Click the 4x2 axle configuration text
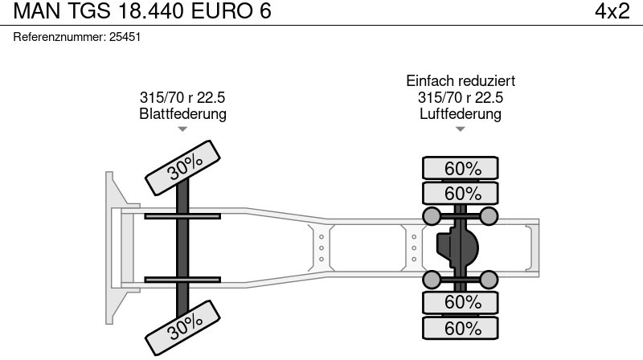click(612, 11)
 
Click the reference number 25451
click(125, 37)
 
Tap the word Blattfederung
click(183, 113)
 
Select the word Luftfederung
click(460, 113)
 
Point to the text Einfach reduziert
click(461, 81)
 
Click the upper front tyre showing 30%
click(183, 168)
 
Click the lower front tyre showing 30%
click(183, 328)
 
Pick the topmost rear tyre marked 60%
click(461, 168)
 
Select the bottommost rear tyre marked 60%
click(461, 328)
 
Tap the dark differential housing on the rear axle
click(457, 247)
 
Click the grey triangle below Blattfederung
click(182, 129)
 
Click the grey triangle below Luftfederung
click(460, 129)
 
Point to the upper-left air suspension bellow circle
click(432, 216)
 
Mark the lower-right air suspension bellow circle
click(489, 280)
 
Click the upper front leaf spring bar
click(182, 216)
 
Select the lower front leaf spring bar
click(182, 280)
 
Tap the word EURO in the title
click(222, 11)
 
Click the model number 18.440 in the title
click(150, 11)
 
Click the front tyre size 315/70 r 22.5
click(182, 97)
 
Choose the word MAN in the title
click(37, 11)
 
